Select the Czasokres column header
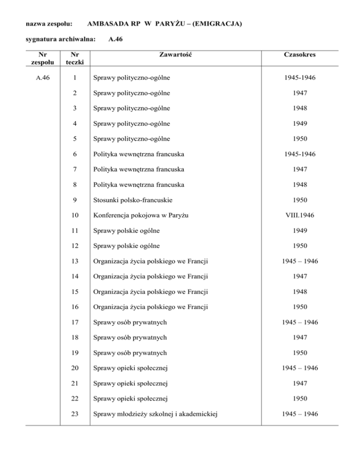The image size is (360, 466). coord(300,55)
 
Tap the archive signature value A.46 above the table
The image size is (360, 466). coord(115,40)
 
